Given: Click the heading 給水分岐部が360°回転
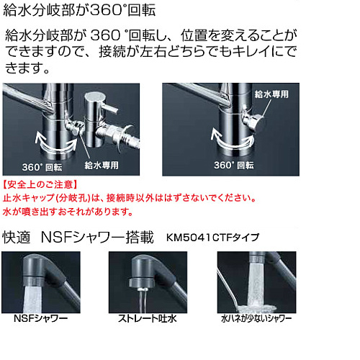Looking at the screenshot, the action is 79,10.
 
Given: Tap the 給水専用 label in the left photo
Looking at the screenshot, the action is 102,165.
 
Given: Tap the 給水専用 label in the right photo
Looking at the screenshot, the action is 271,94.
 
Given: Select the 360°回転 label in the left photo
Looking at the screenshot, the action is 42,167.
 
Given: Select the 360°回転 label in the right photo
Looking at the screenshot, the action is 234,165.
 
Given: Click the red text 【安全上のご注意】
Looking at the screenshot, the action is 40,184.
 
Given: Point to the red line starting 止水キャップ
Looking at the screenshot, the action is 130,198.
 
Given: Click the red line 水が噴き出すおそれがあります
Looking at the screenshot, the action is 68,212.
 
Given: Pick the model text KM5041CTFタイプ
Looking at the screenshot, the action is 212,238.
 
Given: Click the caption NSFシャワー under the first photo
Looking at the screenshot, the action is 41,318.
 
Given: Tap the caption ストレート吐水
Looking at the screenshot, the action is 148,318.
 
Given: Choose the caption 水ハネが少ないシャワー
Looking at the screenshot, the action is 256,318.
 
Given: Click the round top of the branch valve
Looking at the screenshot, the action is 95,96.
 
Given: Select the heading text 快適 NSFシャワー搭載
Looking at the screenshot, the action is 78,238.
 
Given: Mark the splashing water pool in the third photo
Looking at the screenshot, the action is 256,308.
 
